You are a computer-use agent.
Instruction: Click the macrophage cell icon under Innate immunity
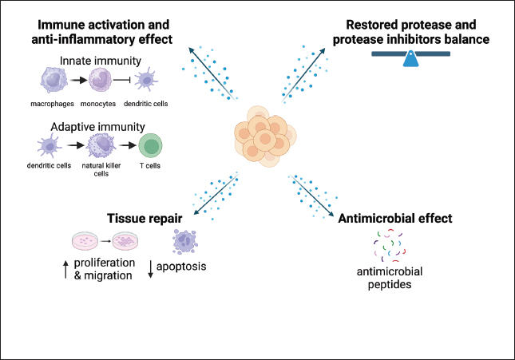pyautogui.click(x=53, y=80)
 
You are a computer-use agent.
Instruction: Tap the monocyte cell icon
pyautogui.click(x=102, y=80)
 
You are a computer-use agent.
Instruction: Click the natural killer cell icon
pyautogui.click(x=102, y=147)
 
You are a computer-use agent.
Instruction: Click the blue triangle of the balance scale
pyautogui.click(x=412, y=58)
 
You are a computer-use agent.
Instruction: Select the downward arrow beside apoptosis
pyautogui.click(x=151, y=270)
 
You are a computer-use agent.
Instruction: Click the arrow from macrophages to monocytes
pyautogui.click(x=77, y=81)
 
